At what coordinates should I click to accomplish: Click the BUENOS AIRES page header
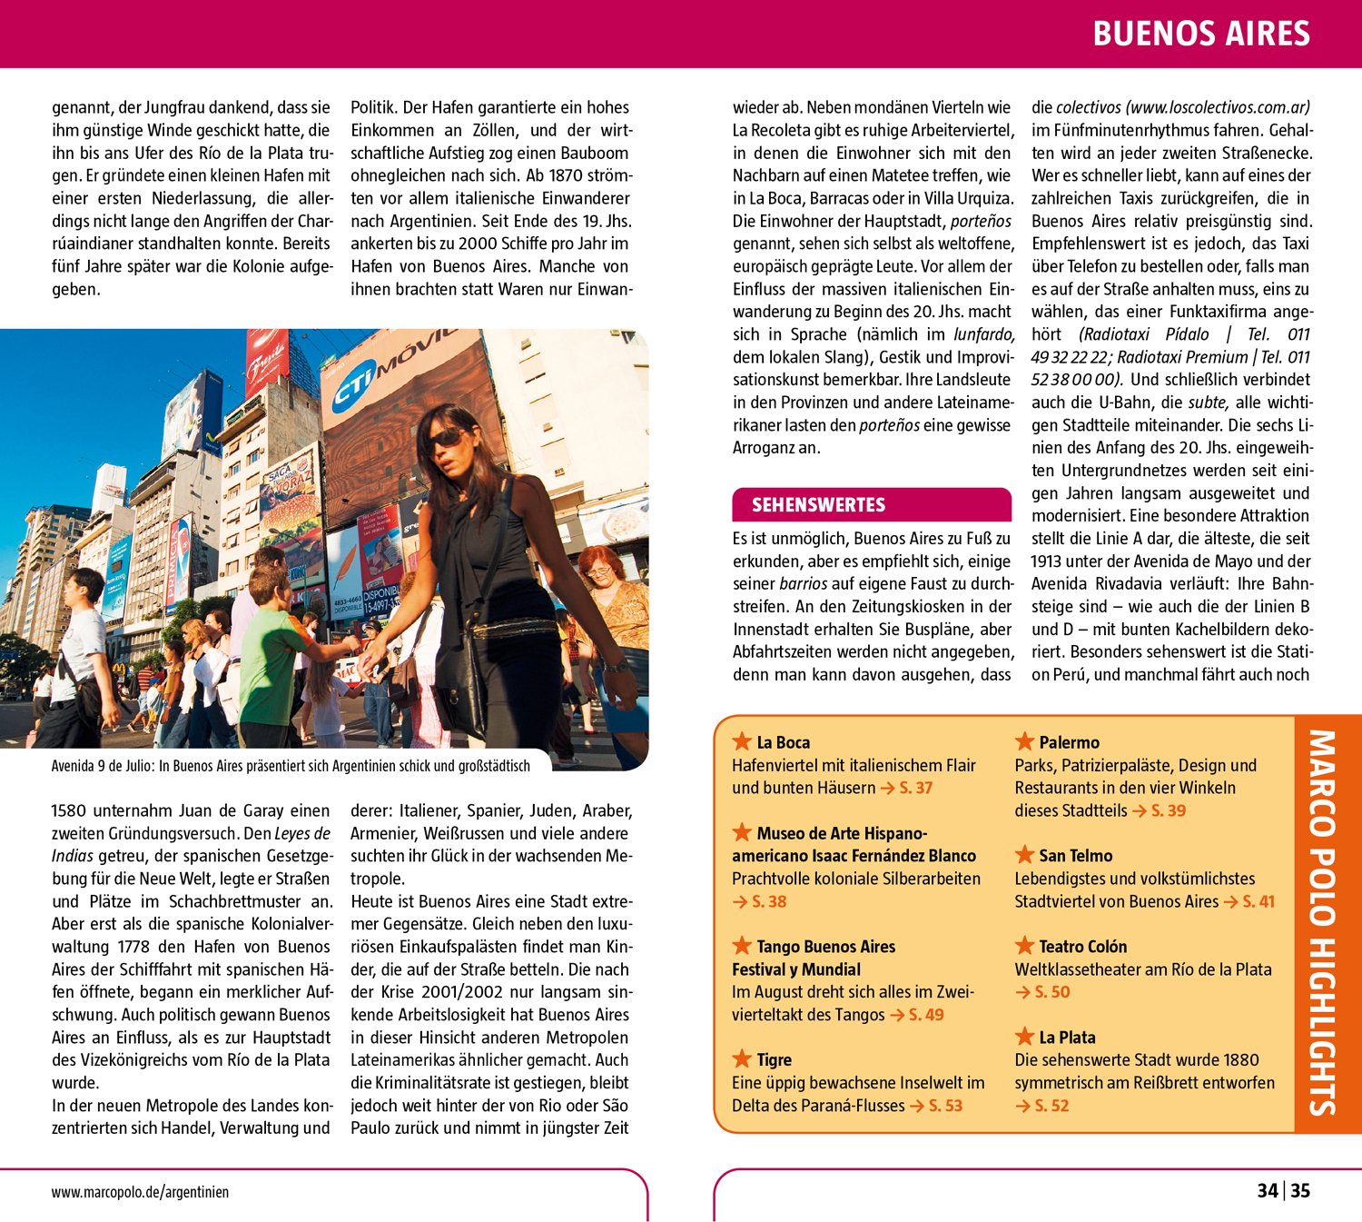[x=1200, y=34]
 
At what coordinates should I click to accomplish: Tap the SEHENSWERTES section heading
[x=818, y=505]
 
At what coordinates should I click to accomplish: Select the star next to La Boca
[x=742, y=741]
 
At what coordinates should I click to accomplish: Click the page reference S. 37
[x=915, y=788]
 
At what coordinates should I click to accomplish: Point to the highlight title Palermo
[x=1069, y=742]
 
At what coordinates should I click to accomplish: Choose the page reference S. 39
[x=1168, y=810]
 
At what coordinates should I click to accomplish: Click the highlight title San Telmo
[x=1075, y=856]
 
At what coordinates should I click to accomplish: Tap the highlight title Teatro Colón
[x=1082, y=947]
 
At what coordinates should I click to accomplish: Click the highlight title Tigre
[x=774, y=1060]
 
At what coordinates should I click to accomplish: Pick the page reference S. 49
[x=925, y=1015]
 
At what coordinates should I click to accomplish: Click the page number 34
[x=1268, y=1191]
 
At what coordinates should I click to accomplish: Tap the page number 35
[x=1301, y=1191]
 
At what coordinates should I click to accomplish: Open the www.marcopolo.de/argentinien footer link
[x=140, y=1192]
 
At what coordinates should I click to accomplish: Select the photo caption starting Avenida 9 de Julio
[x=291, y=766]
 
